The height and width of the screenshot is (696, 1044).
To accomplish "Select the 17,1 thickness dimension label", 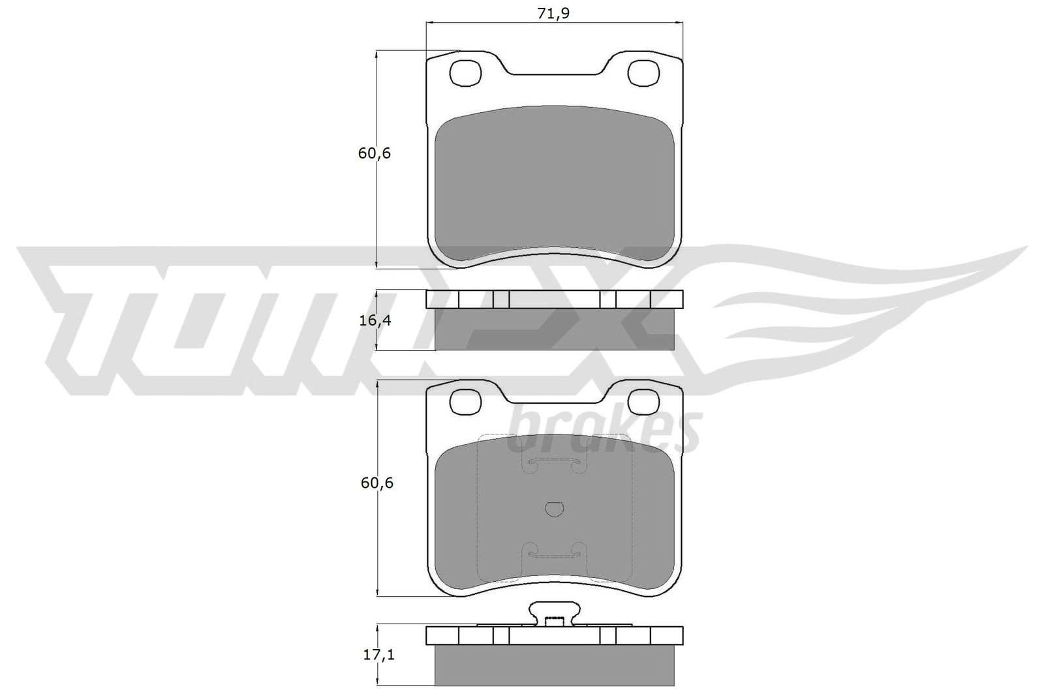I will tap(374, 655).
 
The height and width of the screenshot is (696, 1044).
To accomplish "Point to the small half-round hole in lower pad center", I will tap(554, 510).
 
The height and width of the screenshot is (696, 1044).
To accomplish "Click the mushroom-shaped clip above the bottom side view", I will tap(555, 613).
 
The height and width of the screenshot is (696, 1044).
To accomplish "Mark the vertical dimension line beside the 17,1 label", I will tap(378, 654).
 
